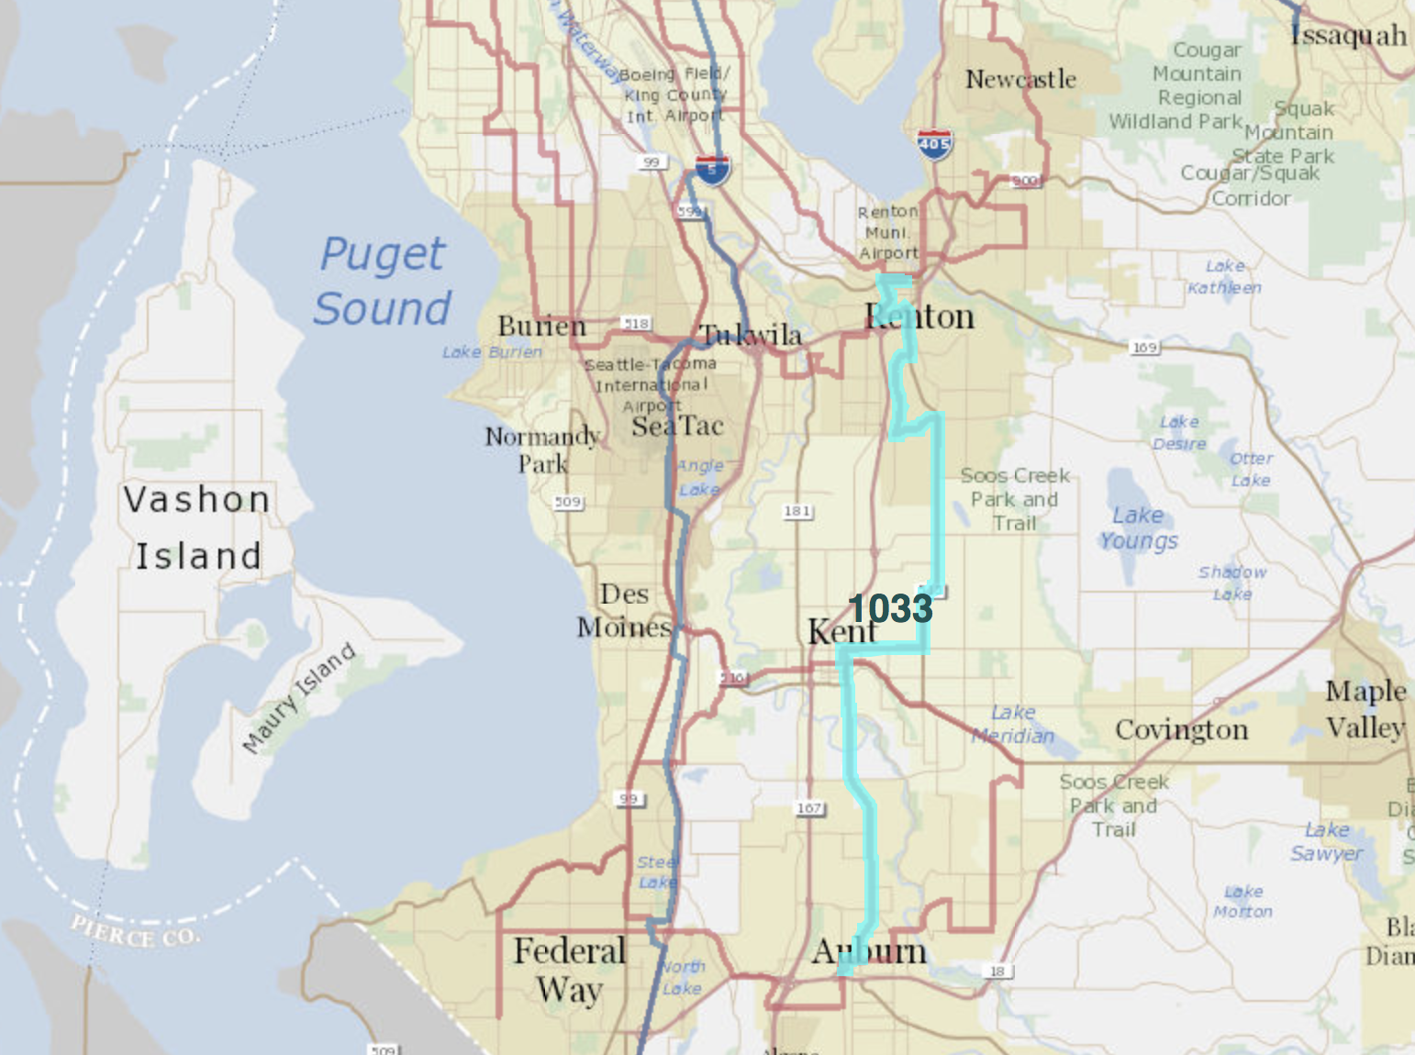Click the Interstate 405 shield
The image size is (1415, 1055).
(x=934, y=145)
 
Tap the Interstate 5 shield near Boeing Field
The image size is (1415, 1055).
(x=712, y=169)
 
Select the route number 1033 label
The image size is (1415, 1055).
(x=890, y=608)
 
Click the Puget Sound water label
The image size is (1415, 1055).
(x=383, y=281)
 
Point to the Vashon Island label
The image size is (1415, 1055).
(x=197, y=527)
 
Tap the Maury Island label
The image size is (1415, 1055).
(x=299, y=698)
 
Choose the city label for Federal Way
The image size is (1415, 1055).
(x=570, y=971)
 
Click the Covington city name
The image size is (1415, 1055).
(x=1182, y=730)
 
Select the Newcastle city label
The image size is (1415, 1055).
(x=1020, y=80)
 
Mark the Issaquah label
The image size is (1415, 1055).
(x=1348, y=36)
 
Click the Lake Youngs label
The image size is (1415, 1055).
(x=1138, y=528)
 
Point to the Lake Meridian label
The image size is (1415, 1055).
(x=1013, y=724)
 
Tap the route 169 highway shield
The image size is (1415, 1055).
(x=1144, y=347)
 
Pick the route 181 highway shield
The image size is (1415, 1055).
(x=797, y=511)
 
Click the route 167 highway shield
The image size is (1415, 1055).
(x=809, y=808)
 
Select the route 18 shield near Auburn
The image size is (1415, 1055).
(x=997, y=971)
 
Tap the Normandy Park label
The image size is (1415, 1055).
(x=542, y=450)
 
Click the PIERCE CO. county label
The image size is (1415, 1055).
(x=136, y=931)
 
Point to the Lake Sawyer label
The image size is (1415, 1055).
(x=1327, y=841)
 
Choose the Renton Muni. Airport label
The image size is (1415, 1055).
(x=888, y=232)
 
